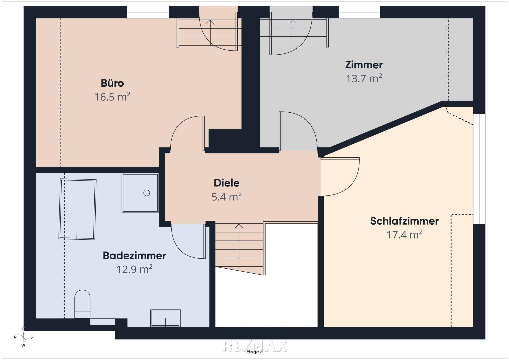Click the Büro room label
[x=112, y=83]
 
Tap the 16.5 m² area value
[x=112, y=97]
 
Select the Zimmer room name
[x=364, y=65]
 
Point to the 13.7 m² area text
[x=364, y=78]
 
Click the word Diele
[x=227, y=183]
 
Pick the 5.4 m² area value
[x=227, y=197]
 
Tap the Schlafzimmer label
[x=404, y=221]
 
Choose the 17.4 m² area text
[x=404, y=235]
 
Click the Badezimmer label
[x=135, y=256]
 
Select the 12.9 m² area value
[x=135, y=269]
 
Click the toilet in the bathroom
[x=82, y=304]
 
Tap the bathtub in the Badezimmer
[x=77, y=209]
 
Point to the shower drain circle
[x=147, y=193]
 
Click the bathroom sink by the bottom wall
[x=165, y=318]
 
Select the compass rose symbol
[x=23, y=337]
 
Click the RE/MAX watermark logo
[x=255, y=346]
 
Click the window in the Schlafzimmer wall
[x=479, y=169]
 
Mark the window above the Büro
[x=148, y=12]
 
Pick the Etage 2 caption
[x=255, y=352]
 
